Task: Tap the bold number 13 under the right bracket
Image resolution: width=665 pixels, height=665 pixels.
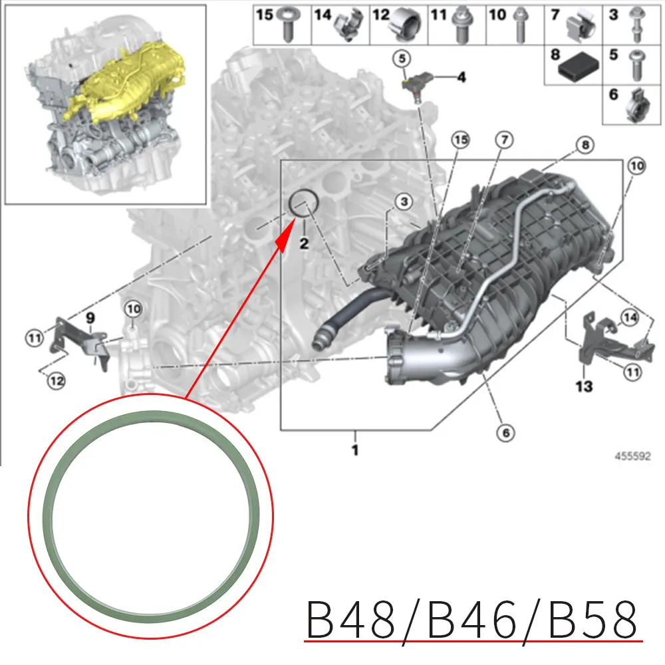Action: tap(584, 386)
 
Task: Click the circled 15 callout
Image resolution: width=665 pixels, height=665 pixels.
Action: tap(460, 140)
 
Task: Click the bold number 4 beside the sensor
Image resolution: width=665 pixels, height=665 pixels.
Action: tap(460, 78)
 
